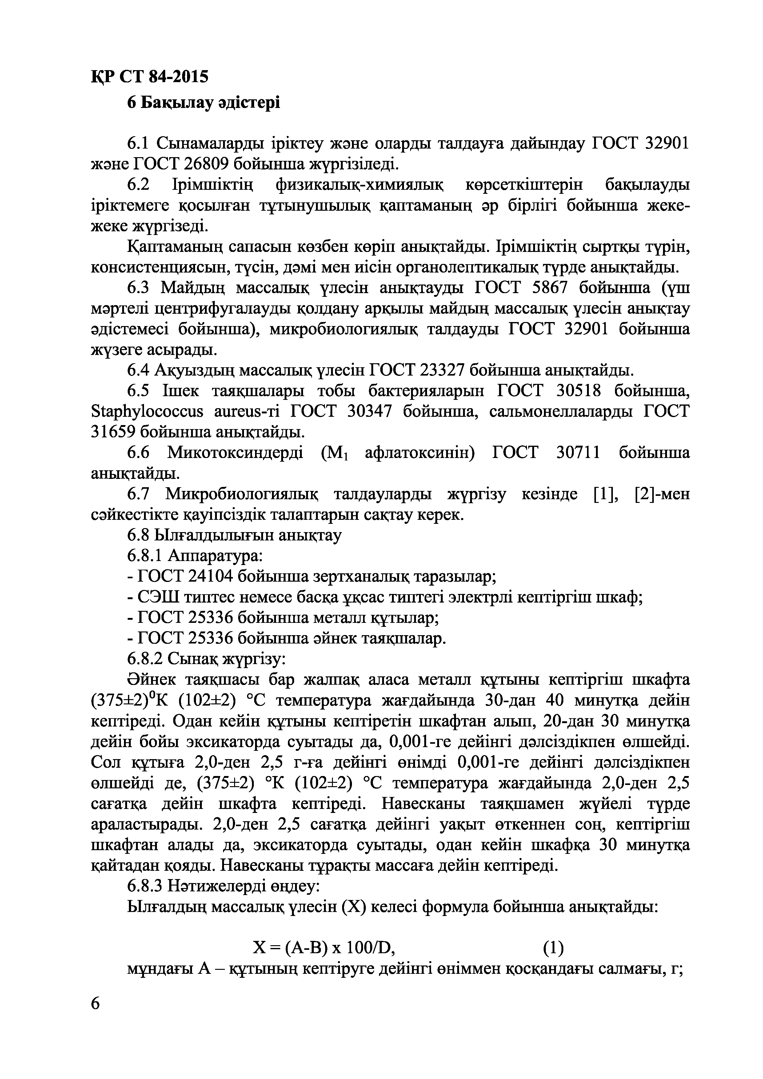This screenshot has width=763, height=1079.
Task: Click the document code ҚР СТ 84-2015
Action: (149, 76)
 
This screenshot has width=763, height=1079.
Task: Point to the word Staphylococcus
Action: (147, 412)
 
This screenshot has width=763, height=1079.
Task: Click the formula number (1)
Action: (553, 948)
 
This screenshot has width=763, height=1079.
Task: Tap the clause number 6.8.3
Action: (144, 886)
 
